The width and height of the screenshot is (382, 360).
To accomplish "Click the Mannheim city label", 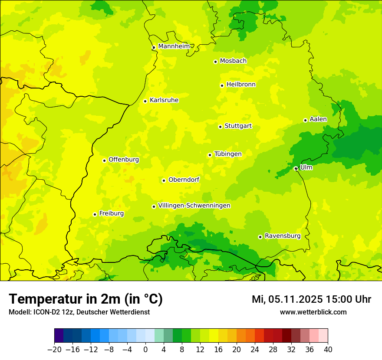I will (x=174, y=46).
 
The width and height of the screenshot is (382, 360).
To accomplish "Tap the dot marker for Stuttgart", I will (x=220, y=127).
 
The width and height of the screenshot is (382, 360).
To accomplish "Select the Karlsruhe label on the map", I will (x=164, y=100).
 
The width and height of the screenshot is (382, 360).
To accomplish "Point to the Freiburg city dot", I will (x=95, y=214).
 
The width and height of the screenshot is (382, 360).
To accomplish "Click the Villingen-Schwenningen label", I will (x=194, y=206).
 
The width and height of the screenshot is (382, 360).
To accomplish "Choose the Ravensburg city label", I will (x=283, y=236).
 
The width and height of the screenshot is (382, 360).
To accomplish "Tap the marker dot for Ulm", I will (x=296, y=168).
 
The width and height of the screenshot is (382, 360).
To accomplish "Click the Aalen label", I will (x=318, y=119).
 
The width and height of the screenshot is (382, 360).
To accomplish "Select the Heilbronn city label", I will (x=241, y=85).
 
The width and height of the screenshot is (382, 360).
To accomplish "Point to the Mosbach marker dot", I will (x=215, y=62).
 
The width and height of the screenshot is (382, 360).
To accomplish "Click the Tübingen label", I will (x=228, y=154).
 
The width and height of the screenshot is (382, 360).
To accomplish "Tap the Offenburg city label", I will (x=124, y=160).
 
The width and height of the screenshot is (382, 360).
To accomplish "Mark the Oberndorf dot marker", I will (x=164, y=180).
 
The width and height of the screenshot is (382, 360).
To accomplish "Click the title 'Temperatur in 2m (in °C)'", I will (x=86, y=299).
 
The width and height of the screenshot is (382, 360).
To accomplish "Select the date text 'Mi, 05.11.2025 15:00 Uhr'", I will (x=311, y=299).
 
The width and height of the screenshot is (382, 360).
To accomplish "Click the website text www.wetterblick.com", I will (x=313, y=312).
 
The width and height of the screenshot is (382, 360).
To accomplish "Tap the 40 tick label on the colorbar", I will (x=328, y=350).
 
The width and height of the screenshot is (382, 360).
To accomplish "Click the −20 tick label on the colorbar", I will (x=54, y=350).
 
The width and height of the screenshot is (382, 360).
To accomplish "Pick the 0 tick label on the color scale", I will (x=145, y=350).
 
